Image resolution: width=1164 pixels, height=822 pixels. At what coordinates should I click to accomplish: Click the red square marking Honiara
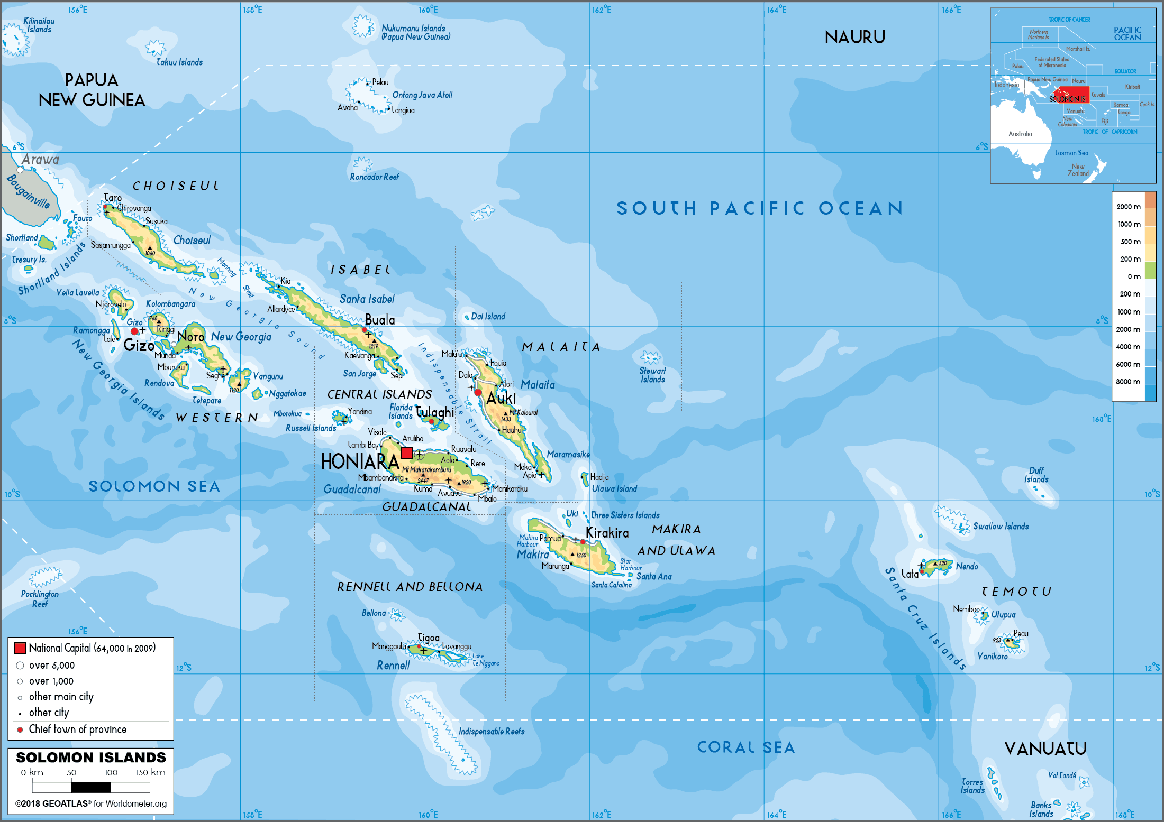tap(407, 453)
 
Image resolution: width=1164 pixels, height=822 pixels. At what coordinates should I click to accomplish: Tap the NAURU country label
tap(854, 38)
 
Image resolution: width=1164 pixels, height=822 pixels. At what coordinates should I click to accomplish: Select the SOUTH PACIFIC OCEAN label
tap(760, 208)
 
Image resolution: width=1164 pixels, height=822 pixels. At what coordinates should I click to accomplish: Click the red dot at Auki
tap(478, 392)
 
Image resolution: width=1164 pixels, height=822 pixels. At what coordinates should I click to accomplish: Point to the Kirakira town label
tap(607, 533)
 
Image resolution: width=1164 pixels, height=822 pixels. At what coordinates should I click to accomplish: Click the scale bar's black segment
tap(91, 787)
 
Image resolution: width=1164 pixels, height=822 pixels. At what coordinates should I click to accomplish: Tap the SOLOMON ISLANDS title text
tap(91, 758)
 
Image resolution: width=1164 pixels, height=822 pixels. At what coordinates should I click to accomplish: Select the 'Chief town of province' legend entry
tap(77, 729)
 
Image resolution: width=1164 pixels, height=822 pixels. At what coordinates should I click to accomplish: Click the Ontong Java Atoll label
tap(422, 95)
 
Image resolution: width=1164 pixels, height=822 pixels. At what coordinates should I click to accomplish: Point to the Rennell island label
tap(393, 666)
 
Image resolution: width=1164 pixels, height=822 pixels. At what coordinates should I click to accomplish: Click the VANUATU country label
tap(1045, 749)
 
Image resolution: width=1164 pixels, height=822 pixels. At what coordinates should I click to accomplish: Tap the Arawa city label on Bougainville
tap(40, 160)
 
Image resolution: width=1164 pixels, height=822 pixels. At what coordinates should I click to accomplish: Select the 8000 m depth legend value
tap(1128, 382)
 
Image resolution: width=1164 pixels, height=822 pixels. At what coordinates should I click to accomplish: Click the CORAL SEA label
tap(745, 747)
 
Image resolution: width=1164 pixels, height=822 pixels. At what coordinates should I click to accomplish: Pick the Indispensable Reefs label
tap(492, 732)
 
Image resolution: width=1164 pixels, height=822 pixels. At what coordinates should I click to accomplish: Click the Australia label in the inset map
tap(1020, 134)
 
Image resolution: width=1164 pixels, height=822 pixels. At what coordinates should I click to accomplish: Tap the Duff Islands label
tap(1036, 475)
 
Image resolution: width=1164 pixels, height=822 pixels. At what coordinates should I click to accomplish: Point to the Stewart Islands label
tap(652, 375)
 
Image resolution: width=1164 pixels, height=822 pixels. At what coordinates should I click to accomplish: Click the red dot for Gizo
tap(134, 331)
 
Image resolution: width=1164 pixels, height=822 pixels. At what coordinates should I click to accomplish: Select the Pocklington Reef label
tap(40, 598)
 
